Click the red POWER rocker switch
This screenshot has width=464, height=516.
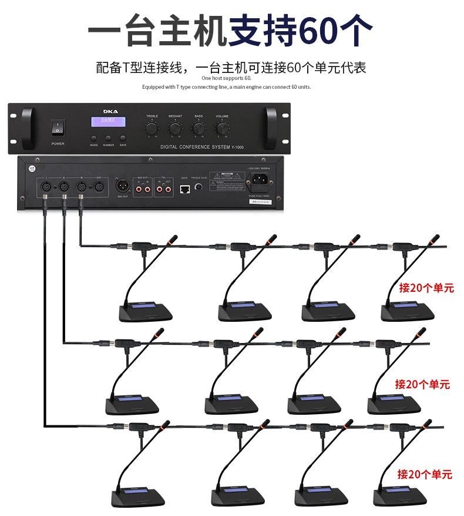pos(58,126)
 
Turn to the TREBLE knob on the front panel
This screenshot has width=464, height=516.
pos(152,128)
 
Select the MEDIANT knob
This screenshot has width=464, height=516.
pos(175,128)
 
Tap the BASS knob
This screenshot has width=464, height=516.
pos(199,128)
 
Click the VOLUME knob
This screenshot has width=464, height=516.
pos(222,128)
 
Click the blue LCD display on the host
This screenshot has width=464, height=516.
pos(108,121)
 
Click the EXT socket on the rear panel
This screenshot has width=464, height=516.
pos(99,187)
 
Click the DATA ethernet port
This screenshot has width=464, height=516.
pos(184,188)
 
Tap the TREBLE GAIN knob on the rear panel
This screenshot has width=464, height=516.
pos(199,187)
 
